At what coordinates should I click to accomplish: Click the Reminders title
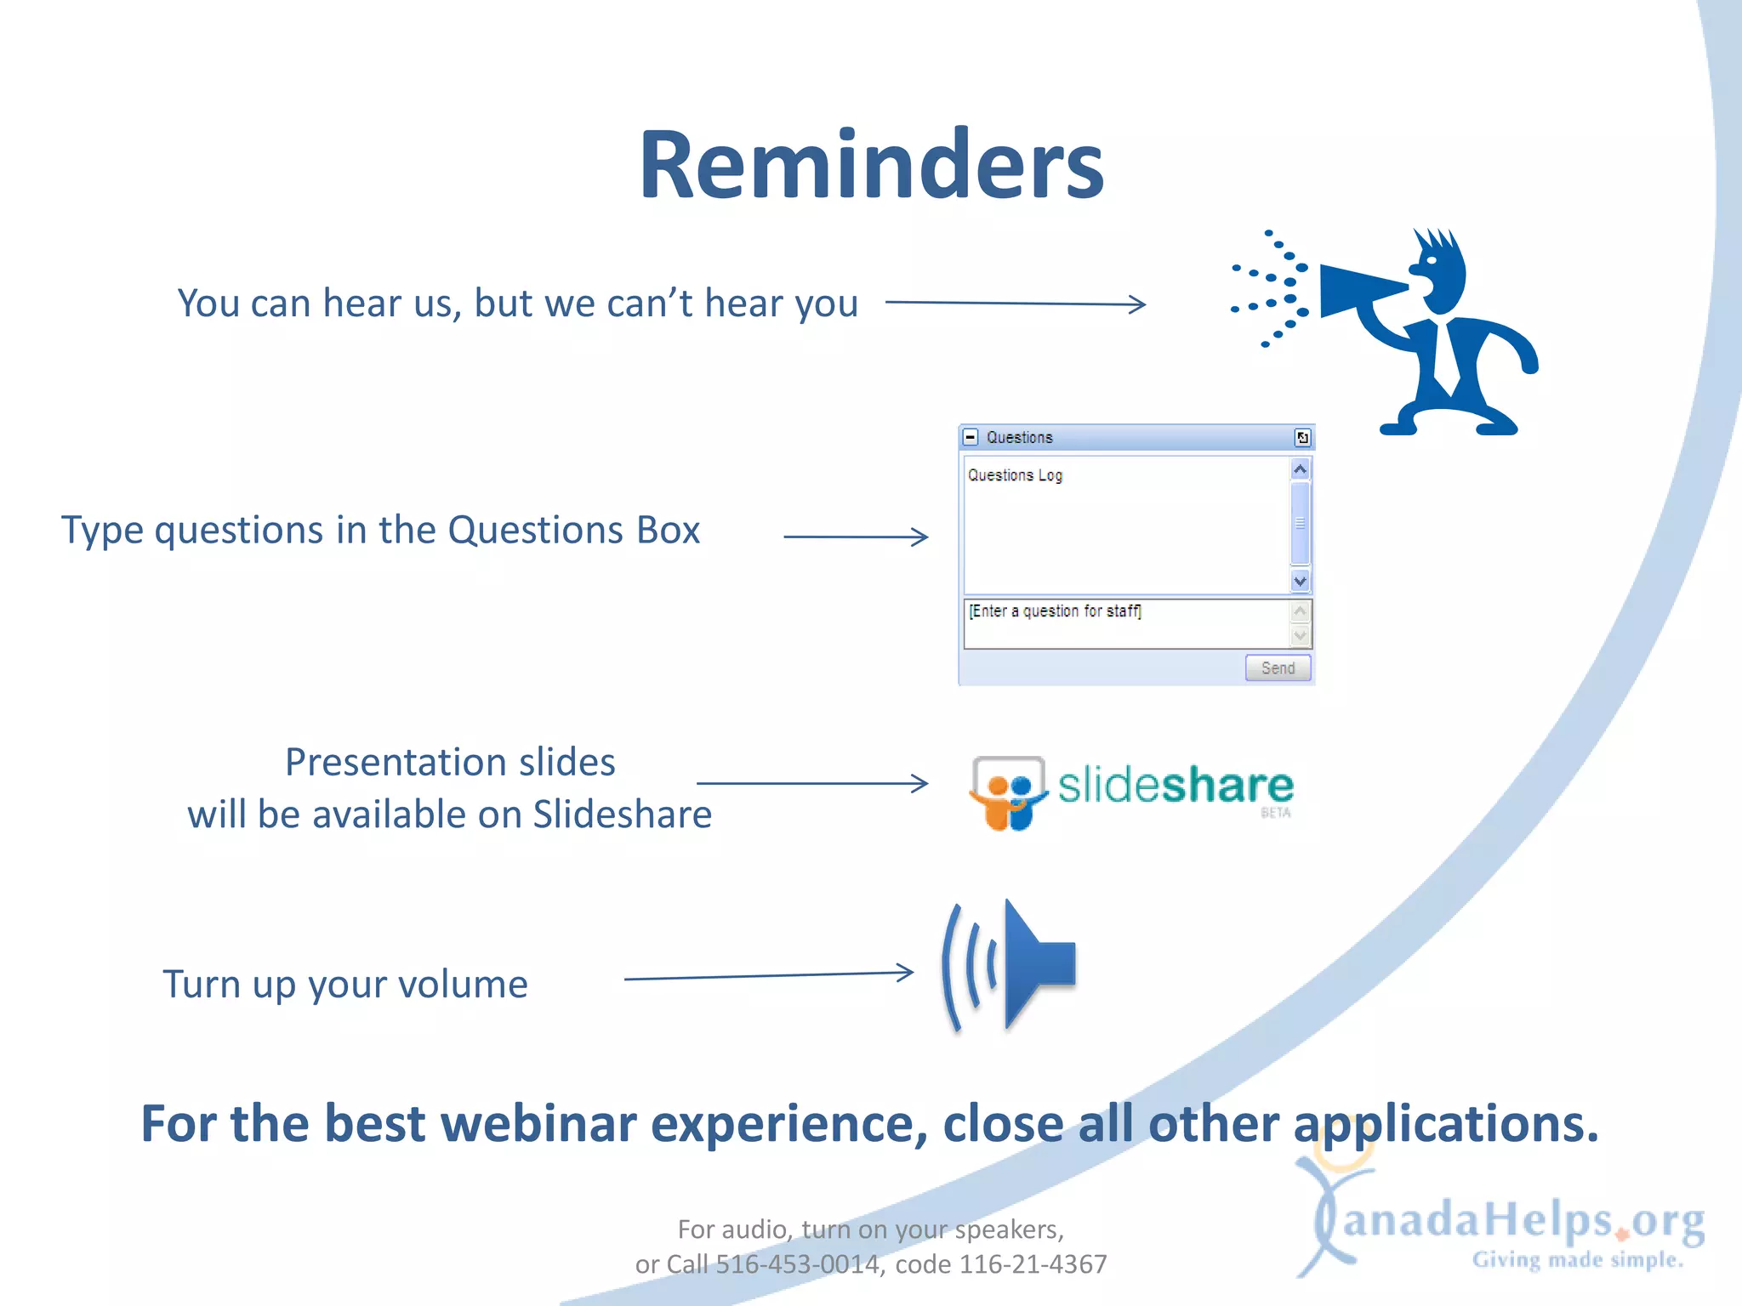click(x=871, y=163)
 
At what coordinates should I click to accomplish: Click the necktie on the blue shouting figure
click(x=1440, y=357)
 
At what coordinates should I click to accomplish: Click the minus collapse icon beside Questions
click(x=971, y=437)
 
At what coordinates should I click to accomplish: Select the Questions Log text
click(x=1015, y=475)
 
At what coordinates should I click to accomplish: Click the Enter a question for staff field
click(x=1127, y=623)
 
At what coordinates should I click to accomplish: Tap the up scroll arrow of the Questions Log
click(x=1300, y=469)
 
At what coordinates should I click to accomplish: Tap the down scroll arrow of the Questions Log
click(x=1300, y=582)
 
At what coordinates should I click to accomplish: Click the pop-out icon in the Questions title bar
click(x=1302, y=438)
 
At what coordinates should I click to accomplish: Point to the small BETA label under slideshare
click(x=1275, y=813)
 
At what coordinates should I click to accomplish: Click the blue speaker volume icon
click(x=1009, y=965)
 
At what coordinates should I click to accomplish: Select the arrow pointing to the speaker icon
click(x=769, y=975)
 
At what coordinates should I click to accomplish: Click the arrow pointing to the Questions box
click(x=856, y=537)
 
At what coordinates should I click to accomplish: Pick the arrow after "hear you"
click(x=1016, y=304)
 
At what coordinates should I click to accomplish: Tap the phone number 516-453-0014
click(x=797, y=1264)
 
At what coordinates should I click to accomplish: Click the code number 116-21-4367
click(x=1033, y=1264)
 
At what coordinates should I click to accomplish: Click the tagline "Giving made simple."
click(x=1578, y=1260)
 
